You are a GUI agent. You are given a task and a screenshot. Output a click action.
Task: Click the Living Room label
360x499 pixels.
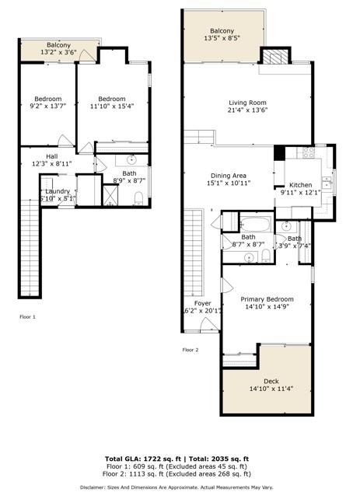[247, 103]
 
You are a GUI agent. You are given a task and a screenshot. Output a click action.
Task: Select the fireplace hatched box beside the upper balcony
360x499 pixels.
[273, 58]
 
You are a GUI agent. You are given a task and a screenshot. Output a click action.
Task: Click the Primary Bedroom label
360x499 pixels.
[267, 299]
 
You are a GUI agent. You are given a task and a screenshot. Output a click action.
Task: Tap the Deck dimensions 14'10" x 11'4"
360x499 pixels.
[270, 389]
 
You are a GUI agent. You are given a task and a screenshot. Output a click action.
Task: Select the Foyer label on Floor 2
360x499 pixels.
[202, 303]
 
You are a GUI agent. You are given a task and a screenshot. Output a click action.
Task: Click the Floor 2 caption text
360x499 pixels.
[191, 351]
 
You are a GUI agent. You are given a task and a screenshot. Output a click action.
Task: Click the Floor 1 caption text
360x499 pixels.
[28, 317]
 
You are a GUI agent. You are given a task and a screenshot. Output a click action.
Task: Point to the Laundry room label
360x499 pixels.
[58, 191]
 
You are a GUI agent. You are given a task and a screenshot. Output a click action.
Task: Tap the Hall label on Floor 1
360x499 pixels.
[51, 156]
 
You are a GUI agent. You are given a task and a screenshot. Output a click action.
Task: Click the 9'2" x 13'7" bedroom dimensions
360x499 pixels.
[47, 107]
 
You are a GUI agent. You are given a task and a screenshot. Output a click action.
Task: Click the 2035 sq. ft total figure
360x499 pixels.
[232, 459]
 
